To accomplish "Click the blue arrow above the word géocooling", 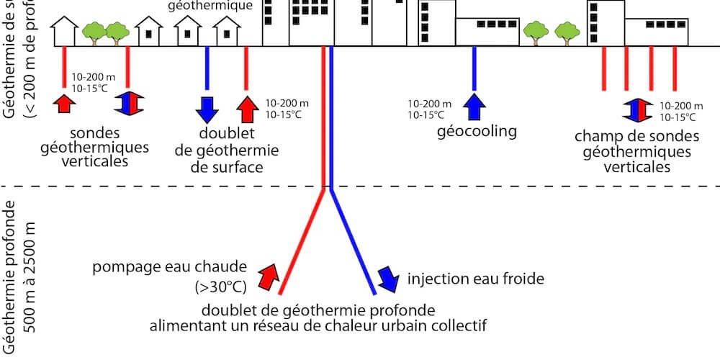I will point(474,107).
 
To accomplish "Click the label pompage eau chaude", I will point(170,269).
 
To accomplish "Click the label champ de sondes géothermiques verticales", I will point(636,151).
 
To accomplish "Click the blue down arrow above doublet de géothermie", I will point(207,108).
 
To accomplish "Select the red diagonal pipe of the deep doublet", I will point(302,241).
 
